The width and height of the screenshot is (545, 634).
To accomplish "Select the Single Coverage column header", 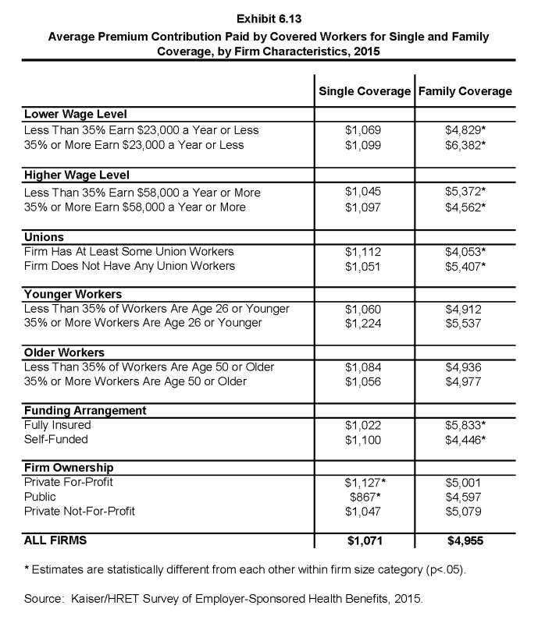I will coord(365,91).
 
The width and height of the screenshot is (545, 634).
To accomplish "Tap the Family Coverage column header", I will coord(465,91).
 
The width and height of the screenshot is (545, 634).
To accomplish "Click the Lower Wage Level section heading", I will coord(76,115).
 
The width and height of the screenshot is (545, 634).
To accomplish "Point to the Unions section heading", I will coord(45,237).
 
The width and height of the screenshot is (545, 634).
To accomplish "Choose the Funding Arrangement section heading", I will coord(85,410).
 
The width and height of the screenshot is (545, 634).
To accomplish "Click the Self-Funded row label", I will coord(56,440).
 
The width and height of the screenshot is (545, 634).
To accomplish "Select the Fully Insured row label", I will coord(58,425).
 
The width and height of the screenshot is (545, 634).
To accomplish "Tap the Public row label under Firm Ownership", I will coord(41,496).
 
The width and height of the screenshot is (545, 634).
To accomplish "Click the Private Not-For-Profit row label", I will coord(80,511).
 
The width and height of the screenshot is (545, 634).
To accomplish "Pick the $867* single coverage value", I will coord(365,496).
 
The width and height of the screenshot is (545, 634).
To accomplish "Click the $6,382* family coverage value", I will coord(466,144).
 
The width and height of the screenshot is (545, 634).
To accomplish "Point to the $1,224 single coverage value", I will coord(363,323).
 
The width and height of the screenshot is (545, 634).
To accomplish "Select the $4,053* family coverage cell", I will coord(466,251).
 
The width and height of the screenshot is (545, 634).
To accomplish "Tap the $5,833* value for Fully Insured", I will coord(466,425).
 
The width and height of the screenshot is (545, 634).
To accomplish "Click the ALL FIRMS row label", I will coord(56,539).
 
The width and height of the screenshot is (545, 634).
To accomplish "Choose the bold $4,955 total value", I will coord(465,539).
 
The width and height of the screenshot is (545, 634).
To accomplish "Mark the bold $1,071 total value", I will coord(364,539).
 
